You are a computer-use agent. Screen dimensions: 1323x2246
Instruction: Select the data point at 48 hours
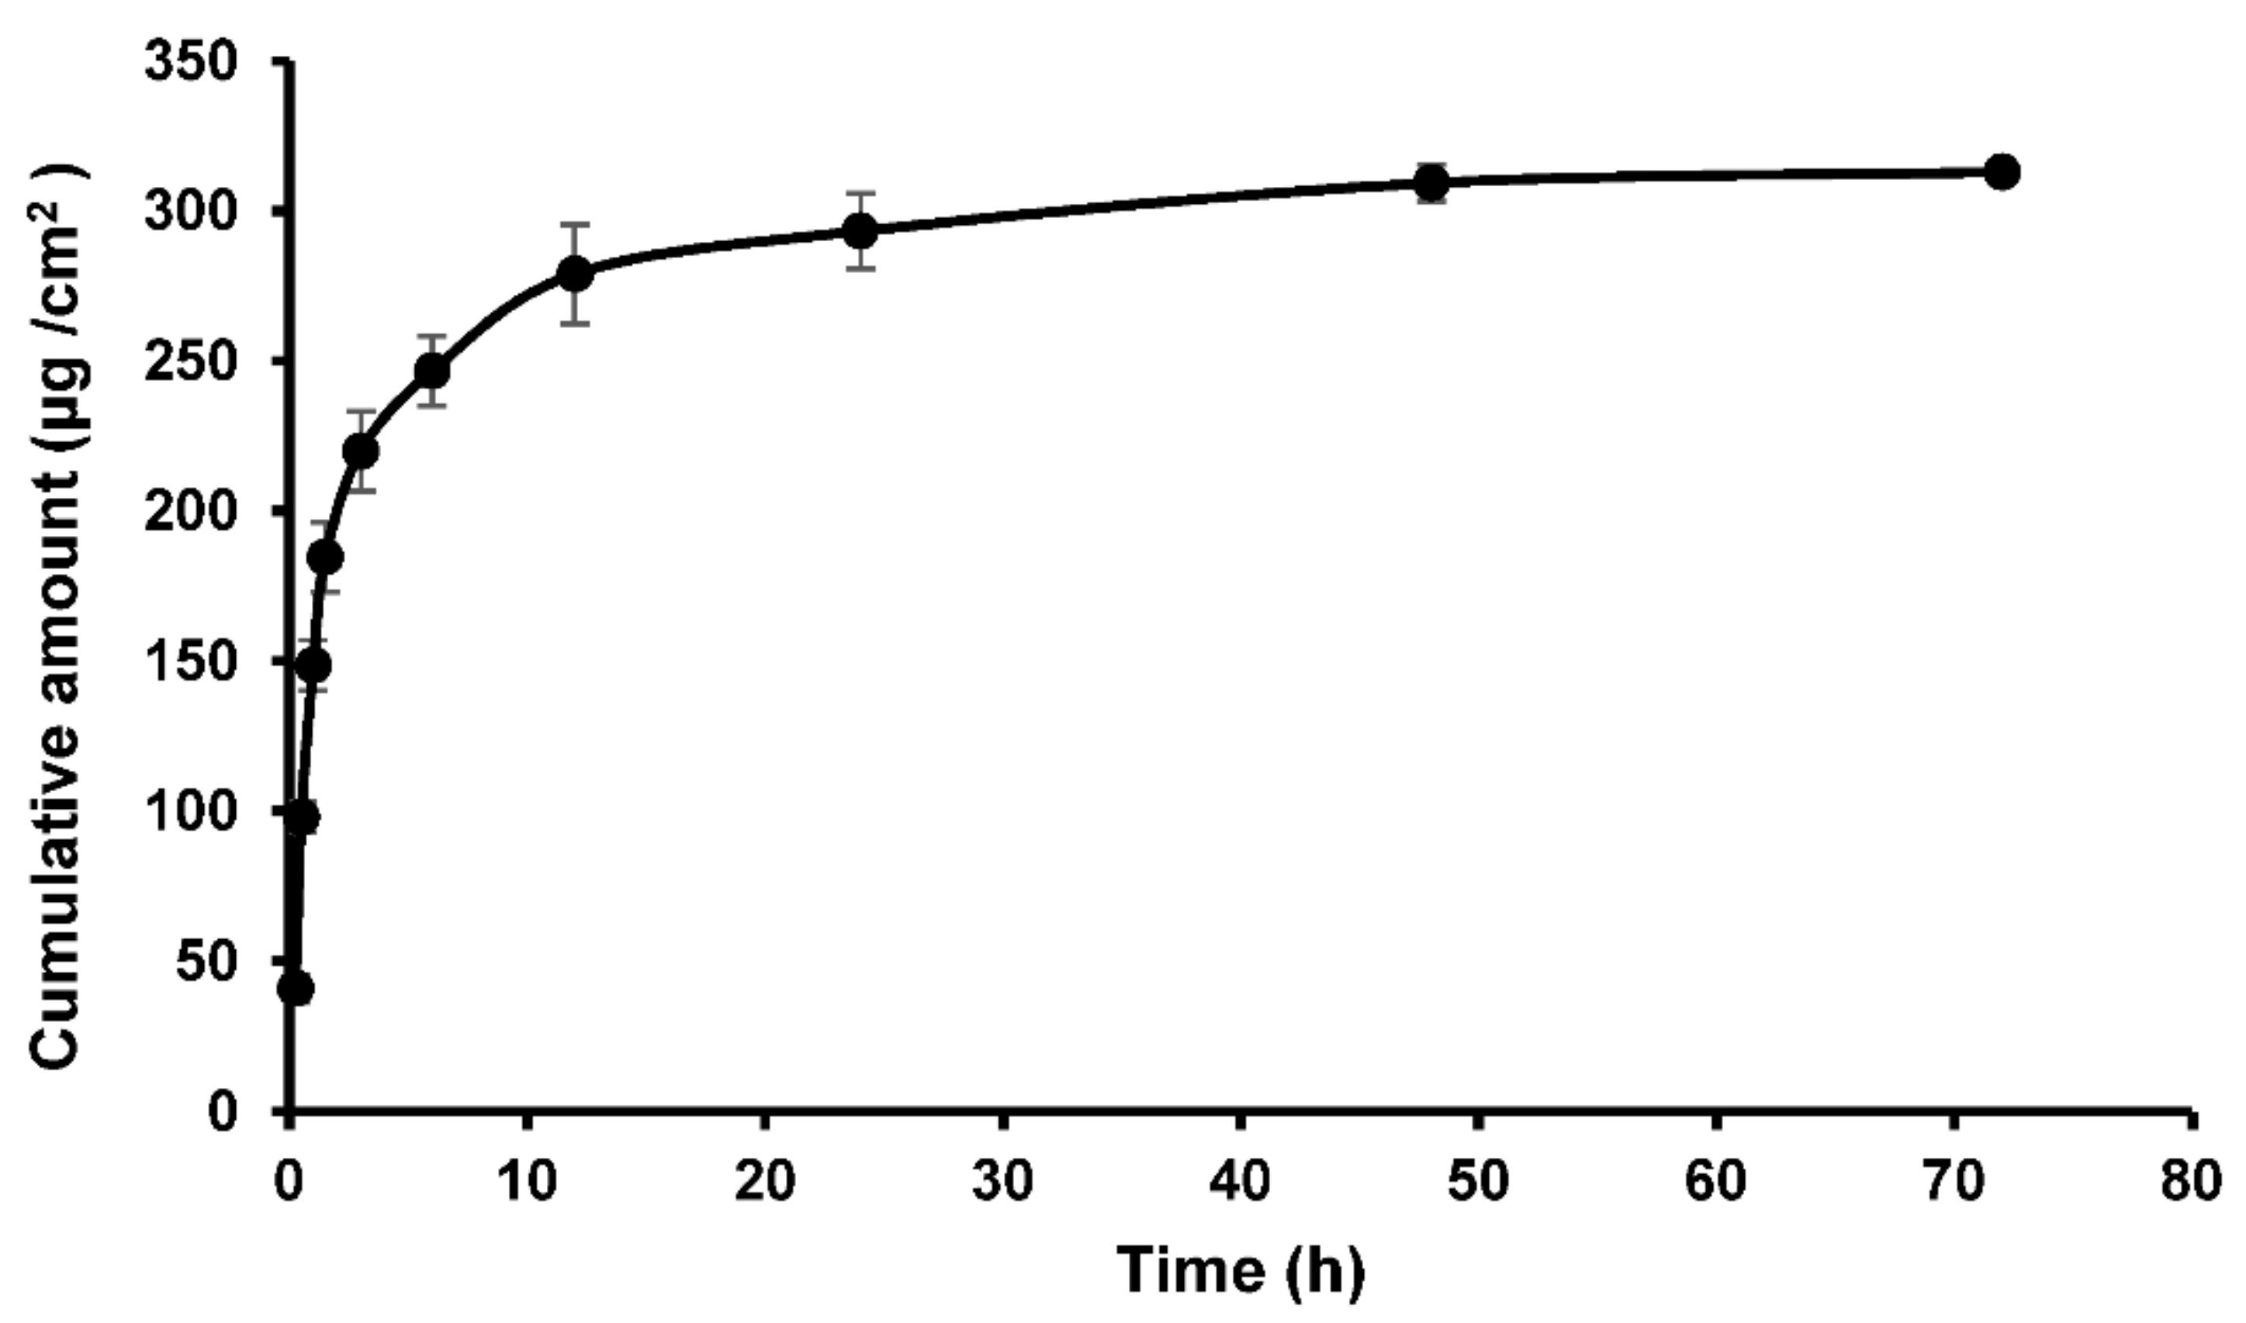[1431, 184]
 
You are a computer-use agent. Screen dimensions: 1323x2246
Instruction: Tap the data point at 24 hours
[860, 232]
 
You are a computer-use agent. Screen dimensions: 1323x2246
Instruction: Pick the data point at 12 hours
[575, 274]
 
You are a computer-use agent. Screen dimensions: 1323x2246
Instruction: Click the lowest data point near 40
[296, 989]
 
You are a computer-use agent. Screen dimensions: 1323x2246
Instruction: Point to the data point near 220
[360, 452]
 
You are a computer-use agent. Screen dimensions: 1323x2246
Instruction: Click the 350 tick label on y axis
[191, 64]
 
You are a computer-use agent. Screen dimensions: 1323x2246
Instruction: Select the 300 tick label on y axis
[191, 213]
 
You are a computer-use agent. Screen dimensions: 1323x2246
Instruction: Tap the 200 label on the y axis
[191, 512]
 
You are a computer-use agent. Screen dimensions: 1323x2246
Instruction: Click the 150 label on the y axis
[191, 662]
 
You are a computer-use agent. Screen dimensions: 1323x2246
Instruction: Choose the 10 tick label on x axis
[527, 1182]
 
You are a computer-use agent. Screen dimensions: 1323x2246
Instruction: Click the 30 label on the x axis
[1003, 1182]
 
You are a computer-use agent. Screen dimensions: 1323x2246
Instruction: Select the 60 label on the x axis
[1715, 1182]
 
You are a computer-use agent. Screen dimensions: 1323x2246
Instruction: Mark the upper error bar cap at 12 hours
[575, 225]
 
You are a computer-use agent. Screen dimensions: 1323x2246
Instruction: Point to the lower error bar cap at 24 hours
[860, 268]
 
